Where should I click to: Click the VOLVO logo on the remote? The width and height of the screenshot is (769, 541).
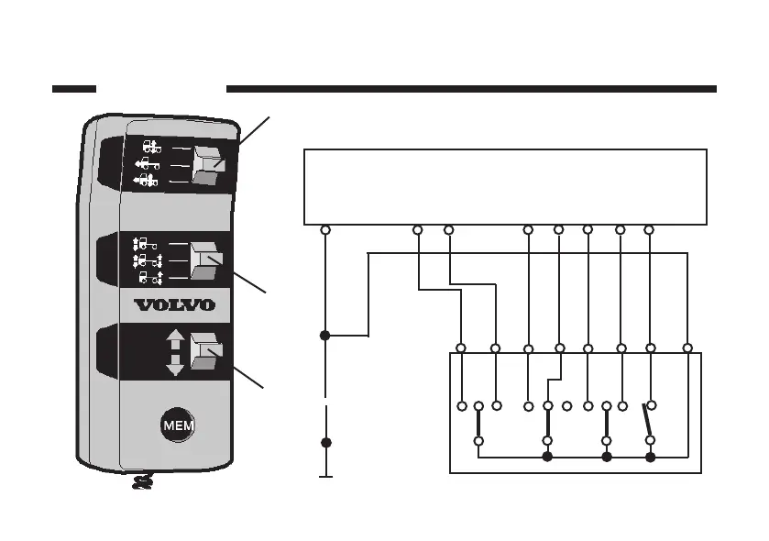point(175,304)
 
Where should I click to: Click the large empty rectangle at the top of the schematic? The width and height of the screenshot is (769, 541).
point(505,186)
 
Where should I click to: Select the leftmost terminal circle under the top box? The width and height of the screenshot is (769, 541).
point(324,229)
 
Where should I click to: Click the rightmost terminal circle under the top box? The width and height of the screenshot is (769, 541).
point(649,229)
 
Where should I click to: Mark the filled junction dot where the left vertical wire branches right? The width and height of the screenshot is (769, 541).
point(324,337)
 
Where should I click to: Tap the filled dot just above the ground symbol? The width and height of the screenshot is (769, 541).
point(324,443)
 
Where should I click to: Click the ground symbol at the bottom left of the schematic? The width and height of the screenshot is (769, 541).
point(324,476)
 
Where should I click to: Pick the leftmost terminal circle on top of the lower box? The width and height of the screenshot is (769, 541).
point(461,348)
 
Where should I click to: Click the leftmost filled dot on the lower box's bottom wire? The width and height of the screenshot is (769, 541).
point(547,456)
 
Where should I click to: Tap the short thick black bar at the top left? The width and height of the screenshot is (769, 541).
point(74,89)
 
